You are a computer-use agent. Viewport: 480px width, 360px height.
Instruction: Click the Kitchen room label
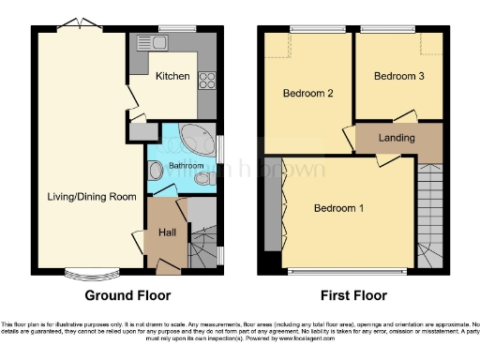[172, 76]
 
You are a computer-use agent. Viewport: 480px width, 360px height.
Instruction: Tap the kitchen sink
[149, 41]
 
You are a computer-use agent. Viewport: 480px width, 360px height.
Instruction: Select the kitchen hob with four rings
[206, 79]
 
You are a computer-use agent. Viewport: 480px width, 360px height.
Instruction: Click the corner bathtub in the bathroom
[198, 140]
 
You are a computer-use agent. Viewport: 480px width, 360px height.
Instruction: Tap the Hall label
[165, 232]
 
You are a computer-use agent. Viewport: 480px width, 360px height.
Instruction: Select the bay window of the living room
[91, 277]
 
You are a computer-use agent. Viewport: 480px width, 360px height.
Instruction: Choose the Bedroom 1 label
[338, 207]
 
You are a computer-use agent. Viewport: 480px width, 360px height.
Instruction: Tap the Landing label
[397, 138]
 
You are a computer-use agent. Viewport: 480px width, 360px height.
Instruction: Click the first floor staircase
[429, 216]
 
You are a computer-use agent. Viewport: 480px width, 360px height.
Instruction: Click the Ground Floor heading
[127, 295]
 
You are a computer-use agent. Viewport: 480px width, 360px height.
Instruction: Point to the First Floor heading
[354, 295]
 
